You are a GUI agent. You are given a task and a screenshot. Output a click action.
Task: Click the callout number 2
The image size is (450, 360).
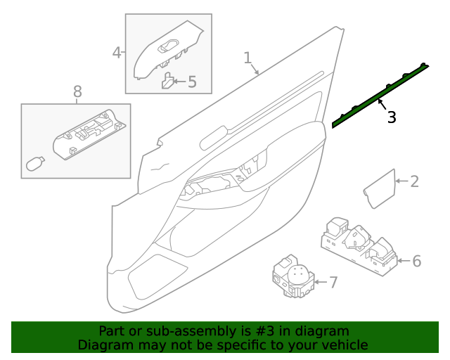point(414,182)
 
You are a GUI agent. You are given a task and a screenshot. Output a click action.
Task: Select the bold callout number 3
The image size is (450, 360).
point(392,117)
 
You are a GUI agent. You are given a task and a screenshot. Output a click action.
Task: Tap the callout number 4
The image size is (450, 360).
point(117,52)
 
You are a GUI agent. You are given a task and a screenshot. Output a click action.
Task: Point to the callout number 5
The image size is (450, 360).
point(191,82)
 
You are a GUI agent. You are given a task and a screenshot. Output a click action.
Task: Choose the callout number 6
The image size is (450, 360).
point(416,262)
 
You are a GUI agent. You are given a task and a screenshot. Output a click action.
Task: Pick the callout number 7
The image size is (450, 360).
point(333,283)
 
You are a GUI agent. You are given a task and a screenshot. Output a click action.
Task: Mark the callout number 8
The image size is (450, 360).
point(77,91)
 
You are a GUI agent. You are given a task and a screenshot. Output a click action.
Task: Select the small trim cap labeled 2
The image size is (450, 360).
point(379,186)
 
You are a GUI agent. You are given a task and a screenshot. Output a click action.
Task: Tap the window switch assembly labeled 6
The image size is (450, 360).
point(359,245)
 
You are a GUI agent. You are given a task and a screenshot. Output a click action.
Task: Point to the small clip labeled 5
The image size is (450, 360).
point(168,82)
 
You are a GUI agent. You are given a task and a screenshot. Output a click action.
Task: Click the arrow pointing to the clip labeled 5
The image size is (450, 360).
point(180,82)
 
